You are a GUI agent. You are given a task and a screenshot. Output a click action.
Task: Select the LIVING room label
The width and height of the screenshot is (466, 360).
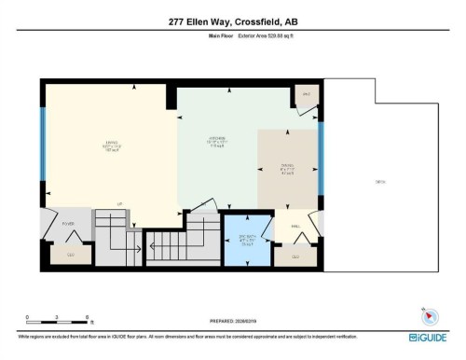(109, 145)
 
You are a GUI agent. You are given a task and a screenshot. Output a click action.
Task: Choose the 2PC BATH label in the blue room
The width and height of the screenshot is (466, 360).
(247, 237)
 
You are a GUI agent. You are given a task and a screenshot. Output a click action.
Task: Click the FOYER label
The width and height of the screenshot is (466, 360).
(67, 224)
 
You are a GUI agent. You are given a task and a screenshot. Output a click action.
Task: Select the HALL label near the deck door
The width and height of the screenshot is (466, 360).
(295, 227)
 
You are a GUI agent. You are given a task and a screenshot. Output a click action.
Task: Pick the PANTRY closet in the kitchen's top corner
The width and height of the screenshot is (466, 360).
(306, 95)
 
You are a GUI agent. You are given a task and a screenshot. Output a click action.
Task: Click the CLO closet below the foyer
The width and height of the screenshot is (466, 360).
(71, 253)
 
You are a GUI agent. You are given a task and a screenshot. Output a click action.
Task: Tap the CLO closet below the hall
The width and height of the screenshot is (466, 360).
(295, 256)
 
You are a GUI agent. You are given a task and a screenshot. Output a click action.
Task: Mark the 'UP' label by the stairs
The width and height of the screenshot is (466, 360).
(120, 203)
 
